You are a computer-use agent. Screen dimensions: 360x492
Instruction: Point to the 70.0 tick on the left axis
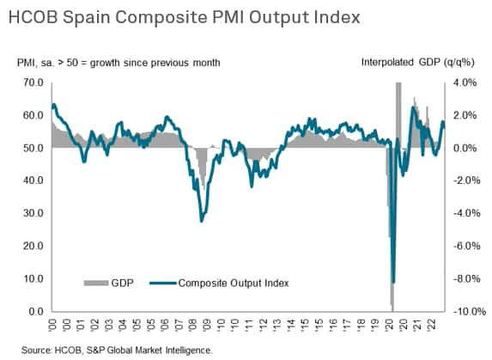(32, 82)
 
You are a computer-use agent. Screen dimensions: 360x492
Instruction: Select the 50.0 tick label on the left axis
(32, 148)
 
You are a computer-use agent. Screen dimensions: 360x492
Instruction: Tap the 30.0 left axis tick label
(32, 213)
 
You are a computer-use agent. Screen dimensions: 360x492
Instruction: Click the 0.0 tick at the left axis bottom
(34, 311)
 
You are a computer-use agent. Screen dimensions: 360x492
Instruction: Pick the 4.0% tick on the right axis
(465, 82)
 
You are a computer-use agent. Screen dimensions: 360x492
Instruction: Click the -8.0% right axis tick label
(463, 278)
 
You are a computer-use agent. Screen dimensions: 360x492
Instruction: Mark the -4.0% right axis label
(463, 213)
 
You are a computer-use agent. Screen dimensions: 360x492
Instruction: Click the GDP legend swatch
(94, 282)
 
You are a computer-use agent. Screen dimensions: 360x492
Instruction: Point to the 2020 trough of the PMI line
(393, 282)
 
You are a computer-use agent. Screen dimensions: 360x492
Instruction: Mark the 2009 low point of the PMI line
(201, 221)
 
